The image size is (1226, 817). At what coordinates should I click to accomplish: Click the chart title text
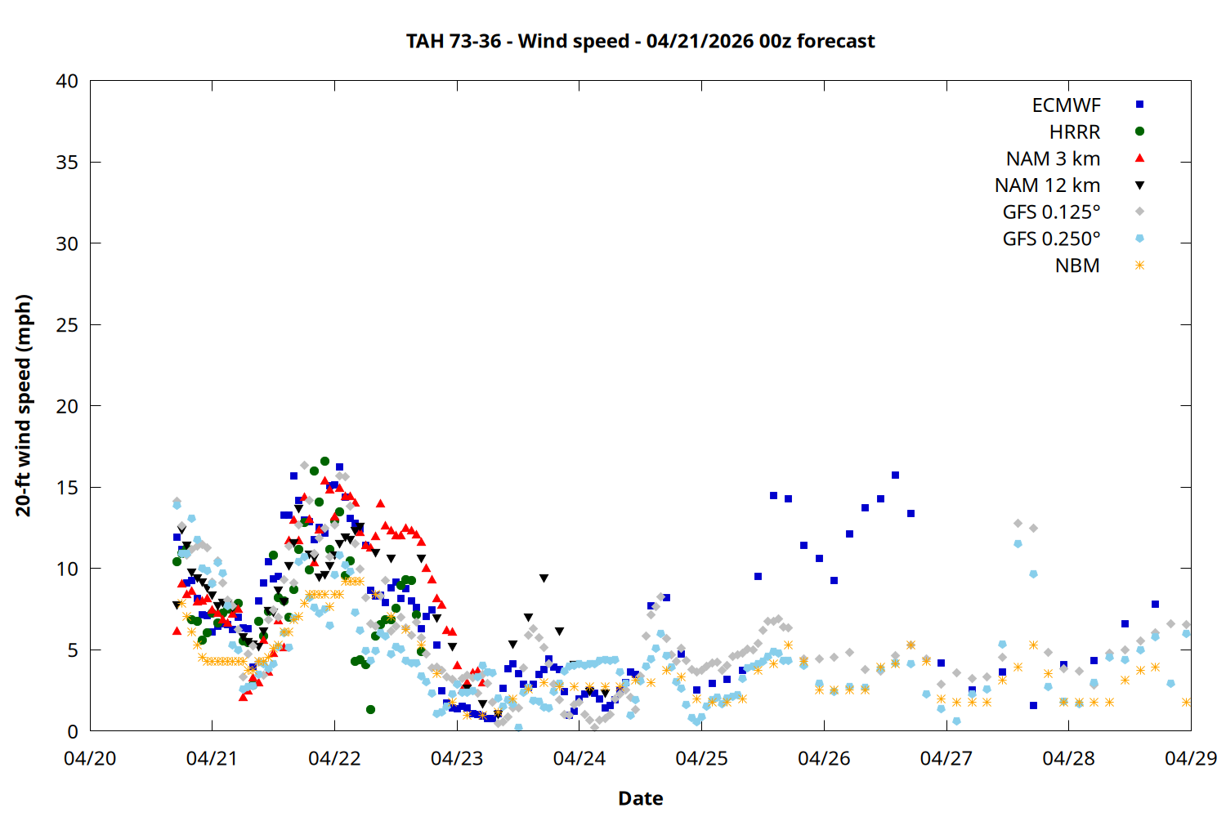[x=640, y=41]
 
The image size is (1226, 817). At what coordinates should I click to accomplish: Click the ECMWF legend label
[x=1066, y=105]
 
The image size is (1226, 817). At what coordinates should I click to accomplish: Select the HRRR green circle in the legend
[x=1139, y=132]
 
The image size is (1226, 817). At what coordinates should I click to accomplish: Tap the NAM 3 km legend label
[x=1053, y=158]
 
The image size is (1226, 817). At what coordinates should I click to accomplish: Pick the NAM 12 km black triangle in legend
[x=1139, y=185]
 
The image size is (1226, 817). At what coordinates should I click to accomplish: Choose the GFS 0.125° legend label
[x=1051, y=212]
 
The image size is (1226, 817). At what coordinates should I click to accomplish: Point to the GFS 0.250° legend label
[x=1051, y=239]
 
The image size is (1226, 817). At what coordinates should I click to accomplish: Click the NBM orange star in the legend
[x=1139, y=266]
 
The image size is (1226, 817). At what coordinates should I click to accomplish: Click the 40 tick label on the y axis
[x=67, y=82]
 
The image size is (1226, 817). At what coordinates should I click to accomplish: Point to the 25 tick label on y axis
[x=67, y=325]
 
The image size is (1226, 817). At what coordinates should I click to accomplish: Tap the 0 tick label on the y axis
[x=73, y=732]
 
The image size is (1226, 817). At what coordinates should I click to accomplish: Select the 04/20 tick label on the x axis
[x=90, y=758]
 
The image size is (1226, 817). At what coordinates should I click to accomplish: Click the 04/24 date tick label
[x=579, y=758]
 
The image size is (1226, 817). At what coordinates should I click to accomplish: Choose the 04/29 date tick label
[x=1190, y=758]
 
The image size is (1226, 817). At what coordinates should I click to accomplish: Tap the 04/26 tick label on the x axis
[x=824, y=758]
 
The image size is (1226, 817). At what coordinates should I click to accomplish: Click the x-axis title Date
[x=640, y=798]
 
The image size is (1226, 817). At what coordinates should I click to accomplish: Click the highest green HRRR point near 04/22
[x=324, y=462]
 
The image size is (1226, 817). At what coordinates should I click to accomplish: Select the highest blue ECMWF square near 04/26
[x=895, y=475]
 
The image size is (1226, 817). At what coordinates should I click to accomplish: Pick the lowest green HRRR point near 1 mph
[x=370, y=709]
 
